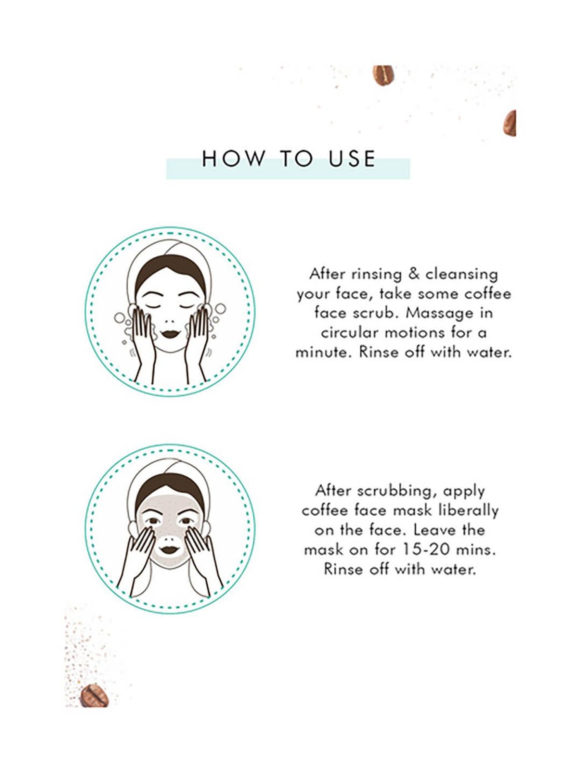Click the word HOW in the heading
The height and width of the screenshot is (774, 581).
(233, 159)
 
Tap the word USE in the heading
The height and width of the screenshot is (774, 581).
(352, 159)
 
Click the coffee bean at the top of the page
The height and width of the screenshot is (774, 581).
(383, 75)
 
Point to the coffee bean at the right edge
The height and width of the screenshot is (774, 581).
(510, 123)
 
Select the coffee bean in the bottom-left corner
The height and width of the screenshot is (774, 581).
(94, 695)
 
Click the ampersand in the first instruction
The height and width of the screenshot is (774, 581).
(414, 274)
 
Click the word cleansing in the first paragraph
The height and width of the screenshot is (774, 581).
(462, 275)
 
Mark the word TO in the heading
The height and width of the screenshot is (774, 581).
(297, 159)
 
